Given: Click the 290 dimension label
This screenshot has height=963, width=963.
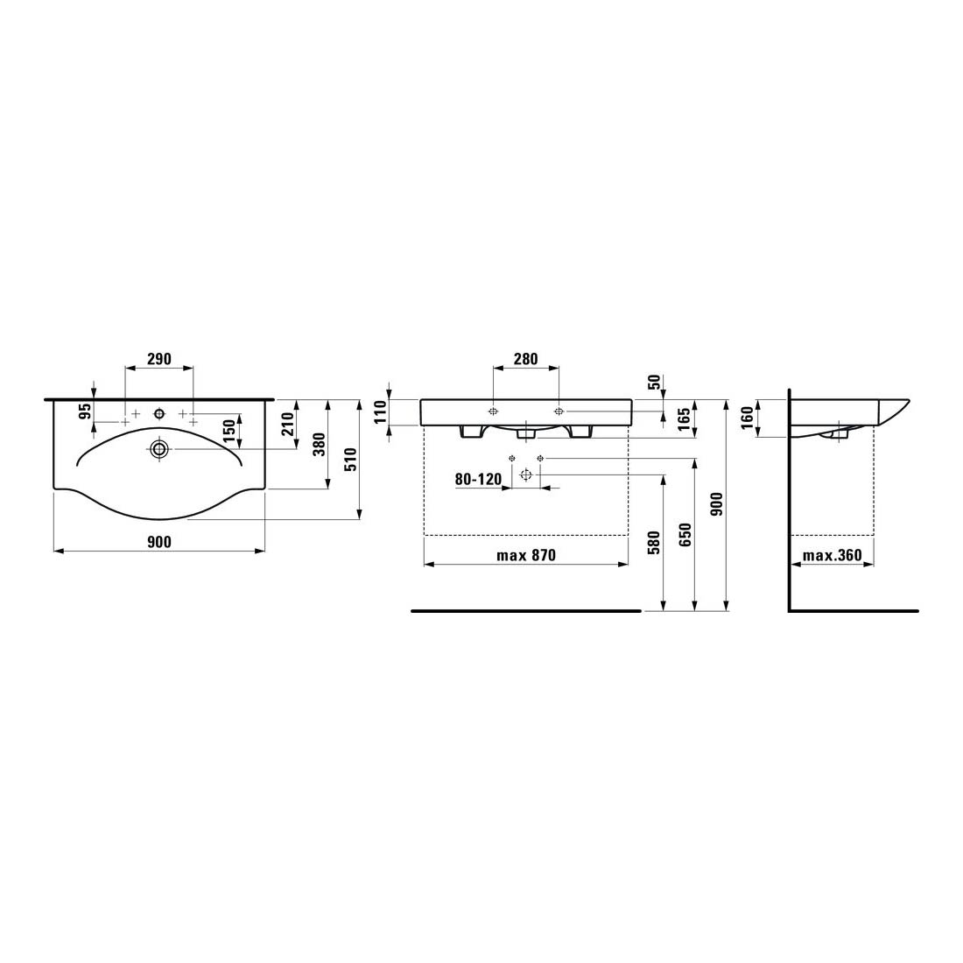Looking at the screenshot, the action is (159, 359).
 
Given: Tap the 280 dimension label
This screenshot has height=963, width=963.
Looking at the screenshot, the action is (526, 359).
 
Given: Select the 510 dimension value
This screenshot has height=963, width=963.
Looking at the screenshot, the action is (350, 460).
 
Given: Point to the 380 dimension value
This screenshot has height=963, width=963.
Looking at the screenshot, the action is (319, 445).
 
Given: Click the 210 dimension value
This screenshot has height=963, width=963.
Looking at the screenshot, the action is (288, 425).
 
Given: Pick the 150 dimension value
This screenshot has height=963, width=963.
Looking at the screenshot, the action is (229, 431).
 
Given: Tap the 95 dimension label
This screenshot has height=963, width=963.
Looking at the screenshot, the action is (85, 411).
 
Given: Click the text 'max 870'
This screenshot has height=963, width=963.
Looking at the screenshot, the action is (526, 555).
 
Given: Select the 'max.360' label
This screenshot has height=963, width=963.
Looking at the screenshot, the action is (833, 555).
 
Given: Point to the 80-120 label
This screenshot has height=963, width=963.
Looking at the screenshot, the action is (478, 479).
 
